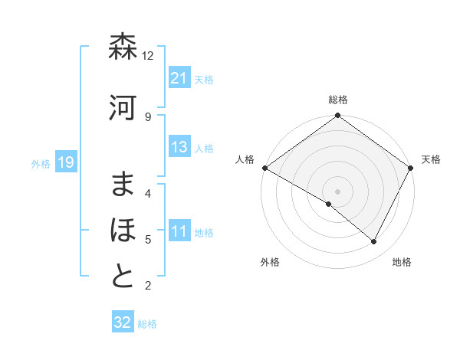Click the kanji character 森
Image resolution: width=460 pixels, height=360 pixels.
(123, 47)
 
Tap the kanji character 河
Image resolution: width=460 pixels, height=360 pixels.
(123, 108)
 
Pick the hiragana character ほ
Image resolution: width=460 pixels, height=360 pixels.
(123, 231)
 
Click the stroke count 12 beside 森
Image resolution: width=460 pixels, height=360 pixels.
(148, 56)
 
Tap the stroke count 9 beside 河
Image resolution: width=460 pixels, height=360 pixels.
(148, 116)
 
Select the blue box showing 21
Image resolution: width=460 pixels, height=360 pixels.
(179, 78)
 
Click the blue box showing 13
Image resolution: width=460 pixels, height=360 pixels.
(179, 148)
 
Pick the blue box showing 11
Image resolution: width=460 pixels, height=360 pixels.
(179, 232)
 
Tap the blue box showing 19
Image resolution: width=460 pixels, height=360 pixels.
(65, 162)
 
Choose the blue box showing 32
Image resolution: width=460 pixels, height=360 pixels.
(123, 322)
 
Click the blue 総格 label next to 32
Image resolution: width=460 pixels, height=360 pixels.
(147, 324)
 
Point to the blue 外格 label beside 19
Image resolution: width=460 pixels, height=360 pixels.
(41, 163)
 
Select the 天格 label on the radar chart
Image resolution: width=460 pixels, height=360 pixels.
(431, 159)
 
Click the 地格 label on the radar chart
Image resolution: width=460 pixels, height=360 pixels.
(402, 262)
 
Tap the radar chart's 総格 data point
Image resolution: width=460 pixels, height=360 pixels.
(337, 116)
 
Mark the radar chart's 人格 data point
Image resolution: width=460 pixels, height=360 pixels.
(264, 168)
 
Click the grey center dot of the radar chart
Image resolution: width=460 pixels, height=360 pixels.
(337, 191)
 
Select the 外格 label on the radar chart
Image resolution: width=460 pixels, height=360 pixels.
(270, 262)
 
